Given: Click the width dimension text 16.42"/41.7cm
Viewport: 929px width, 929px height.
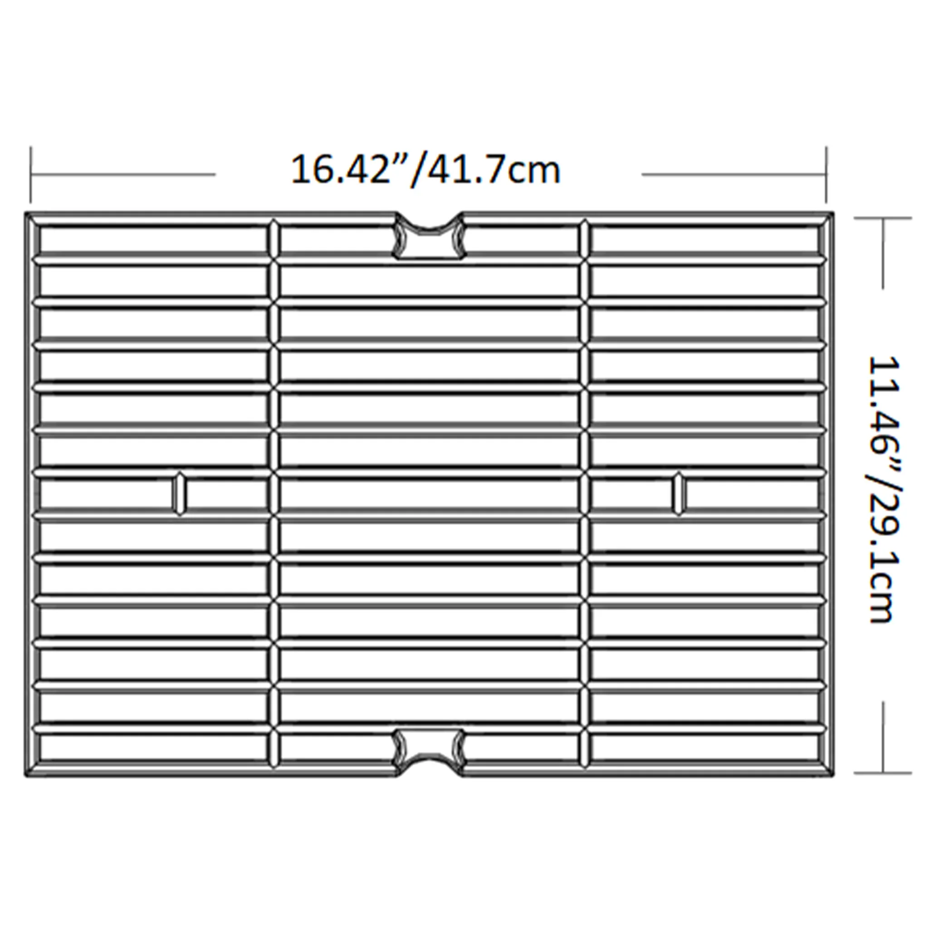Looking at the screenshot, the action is [x=426, y=169].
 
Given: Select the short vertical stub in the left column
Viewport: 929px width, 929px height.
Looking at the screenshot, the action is [x=179, y=494].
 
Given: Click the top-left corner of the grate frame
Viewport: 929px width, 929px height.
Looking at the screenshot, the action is [x=25, y=213].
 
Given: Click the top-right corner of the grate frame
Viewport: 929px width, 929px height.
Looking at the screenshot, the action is [x=833, y=213].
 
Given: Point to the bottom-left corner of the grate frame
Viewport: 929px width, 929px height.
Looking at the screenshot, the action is [x=25, y=776].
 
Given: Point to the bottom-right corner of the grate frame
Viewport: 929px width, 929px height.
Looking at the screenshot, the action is [x=833, y=776].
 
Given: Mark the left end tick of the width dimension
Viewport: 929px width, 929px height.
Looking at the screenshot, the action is [x=31, y=175].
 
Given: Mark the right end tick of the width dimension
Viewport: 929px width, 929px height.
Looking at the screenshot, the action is [x=826, y=175].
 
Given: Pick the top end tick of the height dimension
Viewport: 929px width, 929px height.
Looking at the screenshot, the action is [x=883, y=218].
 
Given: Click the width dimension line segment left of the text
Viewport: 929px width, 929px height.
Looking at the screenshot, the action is [x=123, y=175].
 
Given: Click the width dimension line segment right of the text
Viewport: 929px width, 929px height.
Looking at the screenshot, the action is [x=734, y=175].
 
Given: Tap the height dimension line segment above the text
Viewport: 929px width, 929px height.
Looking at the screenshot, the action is [x=883, y=254].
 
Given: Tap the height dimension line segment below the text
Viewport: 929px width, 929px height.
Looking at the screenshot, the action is [x=883, y=737].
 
